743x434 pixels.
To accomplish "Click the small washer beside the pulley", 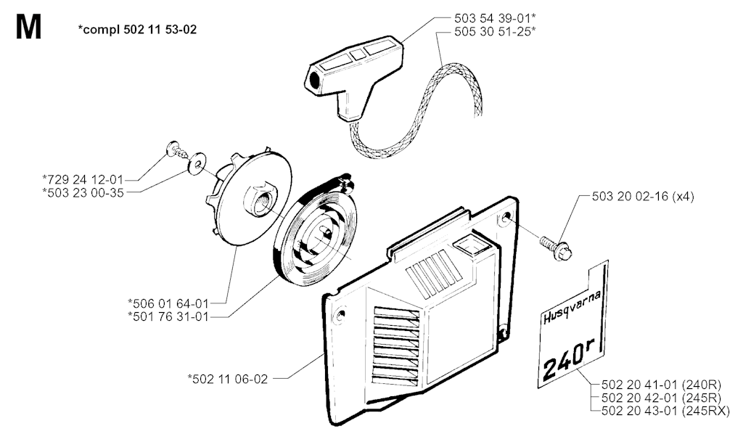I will [x=194, y=165].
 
